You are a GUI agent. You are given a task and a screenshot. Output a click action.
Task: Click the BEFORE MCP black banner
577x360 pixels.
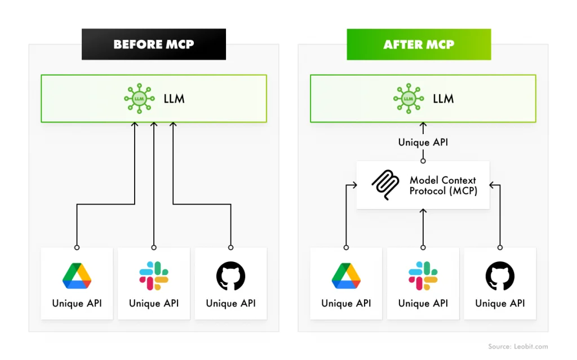154,44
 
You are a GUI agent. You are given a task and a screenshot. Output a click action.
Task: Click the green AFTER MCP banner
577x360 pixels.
419,44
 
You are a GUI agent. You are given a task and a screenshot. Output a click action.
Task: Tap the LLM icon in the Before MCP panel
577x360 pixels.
139,99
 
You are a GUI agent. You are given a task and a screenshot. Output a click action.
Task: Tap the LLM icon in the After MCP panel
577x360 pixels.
409,99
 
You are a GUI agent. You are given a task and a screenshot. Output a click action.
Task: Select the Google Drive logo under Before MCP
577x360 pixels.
77,275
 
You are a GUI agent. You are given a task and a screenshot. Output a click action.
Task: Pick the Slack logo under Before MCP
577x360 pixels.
154,275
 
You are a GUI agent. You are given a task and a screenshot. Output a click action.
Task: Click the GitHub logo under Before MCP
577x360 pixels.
230,275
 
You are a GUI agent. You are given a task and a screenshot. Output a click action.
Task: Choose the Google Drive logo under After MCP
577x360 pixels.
346,275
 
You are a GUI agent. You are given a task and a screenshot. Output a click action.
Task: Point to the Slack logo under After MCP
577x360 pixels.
423,275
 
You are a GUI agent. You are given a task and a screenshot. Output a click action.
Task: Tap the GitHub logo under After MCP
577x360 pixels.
500,275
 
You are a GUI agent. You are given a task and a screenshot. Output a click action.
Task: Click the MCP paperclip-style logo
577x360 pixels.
385,185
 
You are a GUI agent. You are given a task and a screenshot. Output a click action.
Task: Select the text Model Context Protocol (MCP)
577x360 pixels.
443,185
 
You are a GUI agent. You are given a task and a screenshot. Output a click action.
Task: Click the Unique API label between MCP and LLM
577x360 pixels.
423,143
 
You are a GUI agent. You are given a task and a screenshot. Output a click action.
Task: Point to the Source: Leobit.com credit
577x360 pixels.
518,346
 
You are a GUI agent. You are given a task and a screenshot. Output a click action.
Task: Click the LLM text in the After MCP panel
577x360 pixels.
443,99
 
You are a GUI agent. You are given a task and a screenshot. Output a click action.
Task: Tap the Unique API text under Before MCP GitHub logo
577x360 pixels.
230,303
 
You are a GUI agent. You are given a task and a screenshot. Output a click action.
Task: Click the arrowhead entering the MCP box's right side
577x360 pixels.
492,185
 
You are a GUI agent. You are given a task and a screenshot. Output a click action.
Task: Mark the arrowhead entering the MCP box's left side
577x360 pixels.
354,185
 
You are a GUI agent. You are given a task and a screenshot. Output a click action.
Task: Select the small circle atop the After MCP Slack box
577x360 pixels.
423,248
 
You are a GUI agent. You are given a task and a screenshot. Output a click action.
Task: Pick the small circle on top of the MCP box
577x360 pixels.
423,161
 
